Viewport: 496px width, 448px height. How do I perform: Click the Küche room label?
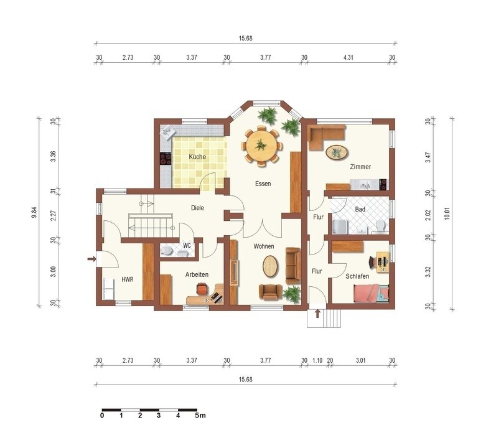pyautogui.click(x=197, y=157)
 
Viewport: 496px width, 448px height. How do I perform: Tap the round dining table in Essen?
pyautogui.click(x=261, y=145)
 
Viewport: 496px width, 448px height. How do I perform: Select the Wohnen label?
pyautogui.click(x=263, y=246)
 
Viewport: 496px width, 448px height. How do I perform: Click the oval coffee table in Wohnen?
pyautogui.click(x=271, y=266)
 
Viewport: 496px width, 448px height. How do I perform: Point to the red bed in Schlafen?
pyautogui.click(x=371, y=293)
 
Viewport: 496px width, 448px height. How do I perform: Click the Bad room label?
pyautogui.click(x=360, y=209)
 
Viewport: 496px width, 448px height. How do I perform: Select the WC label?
pyautogui.click(x=187, y=245)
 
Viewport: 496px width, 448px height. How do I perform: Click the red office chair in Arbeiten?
pyautogui.click(x=202, y=289)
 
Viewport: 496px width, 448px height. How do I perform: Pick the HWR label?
pyautogui.click(x=128, y=279)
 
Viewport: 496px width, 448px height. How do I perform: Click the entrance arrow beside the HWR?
pyautogui.click(x=91, y=259)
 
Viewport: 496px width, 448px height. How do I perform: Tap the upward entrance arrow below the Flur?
pyautogui.click(x=317, y=314)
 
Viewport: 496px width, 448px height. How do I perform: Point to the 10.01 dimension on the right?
pyautogui.click(x=447, y=213)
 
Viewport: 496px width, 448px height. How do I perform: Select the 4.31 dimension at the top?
pyautogui.click(x=348, y=57)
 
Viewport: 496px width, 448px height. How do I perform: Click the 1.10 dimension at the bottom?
pyautogui.click(x=317, y=360)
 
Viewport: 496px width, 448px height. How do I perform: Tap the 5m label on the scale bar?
pyautogui.click(x=200, y=415)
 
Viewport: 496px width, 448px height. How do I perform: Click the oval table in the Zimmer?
pyautogui.click(x=337, y=152)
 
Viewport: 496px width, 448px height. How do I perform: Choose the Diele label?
pyautogui.click(x=197, y=208)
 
